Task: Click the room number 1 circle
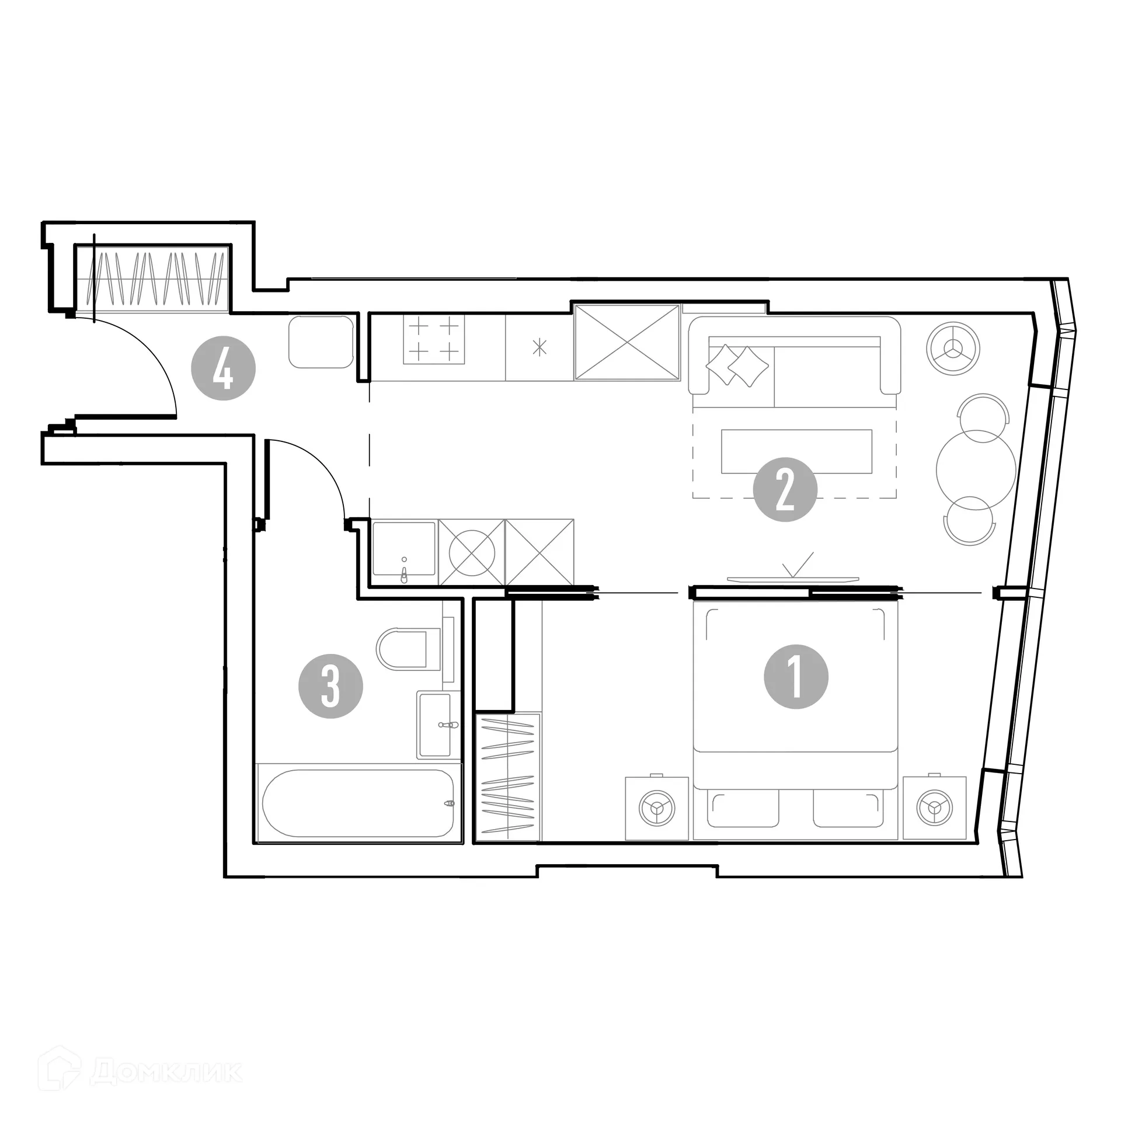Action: coord(796,677)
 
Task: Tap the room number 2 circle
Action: coord(785,489)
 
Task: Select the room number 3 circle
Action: coord(330,686)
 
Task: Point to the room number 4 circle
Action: coord(224,368)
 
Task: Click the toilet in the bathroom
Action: coord(407,649)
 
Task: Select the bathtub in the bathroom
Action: coord(358,803)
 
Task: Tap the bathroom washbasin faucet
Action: coord(448,725)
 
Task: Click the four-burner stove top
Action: coord(434,339)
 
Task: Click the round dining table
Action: coord(976,471)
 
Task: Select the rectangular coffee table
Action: coord(796,451)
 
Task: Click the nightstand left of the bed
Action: coord(657,808)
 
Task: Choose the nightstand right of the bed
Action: coord(934,808)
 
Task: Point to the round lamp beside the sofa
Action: coord(953,349)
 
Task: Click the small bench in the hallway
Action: coord(321,342)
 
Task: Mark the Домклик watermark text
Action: coord(166,1071)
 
